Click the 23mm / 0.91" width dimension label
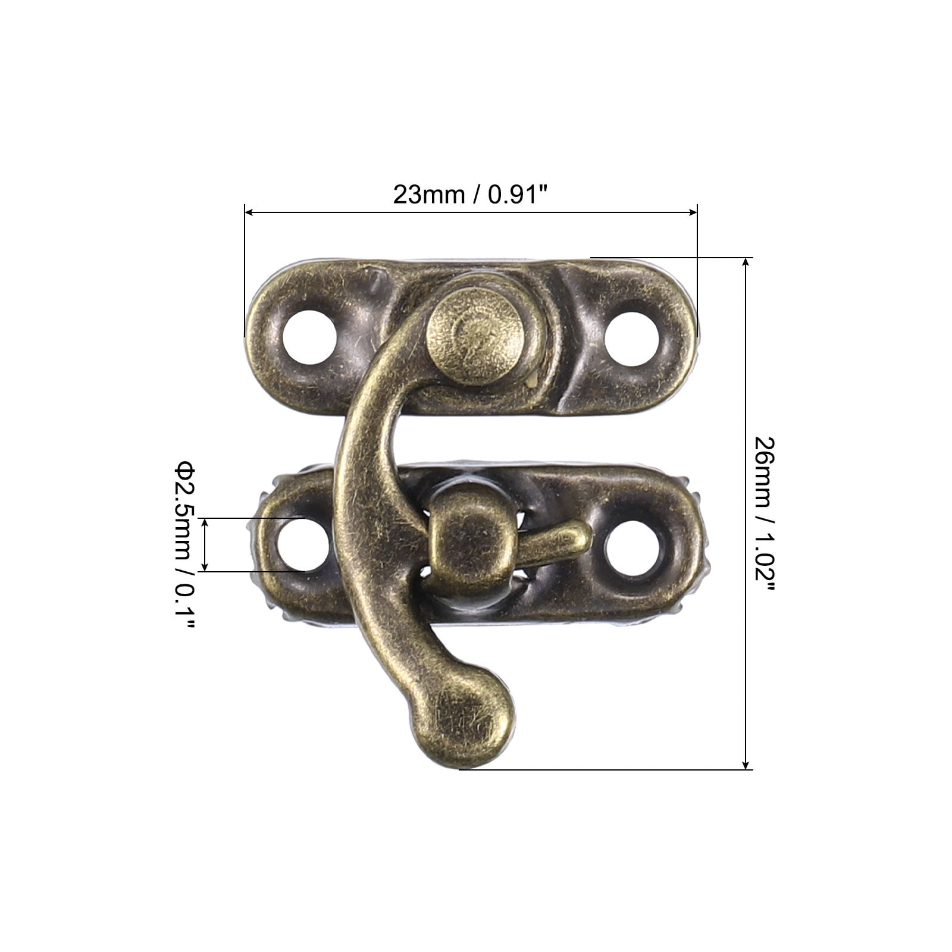click(x=470, y=195)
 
